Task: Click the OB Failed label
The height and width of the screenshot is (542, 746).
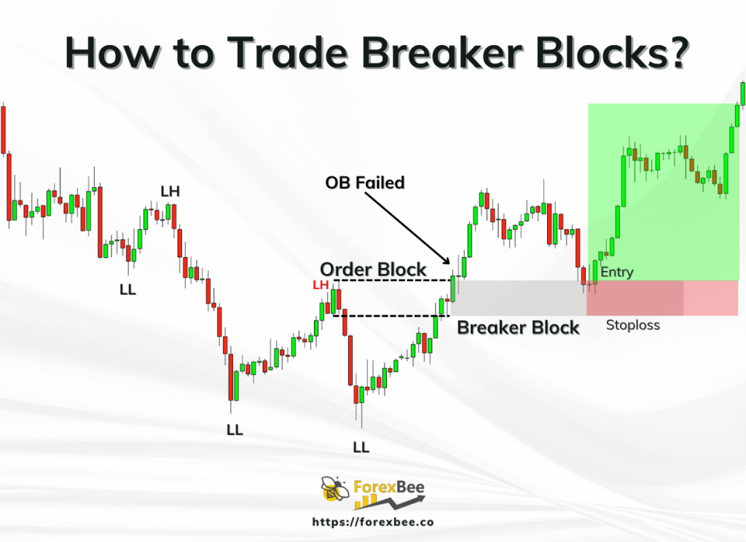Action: click(x=365, y=183)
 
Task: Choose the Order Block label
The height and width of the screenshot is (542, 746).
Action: click(x=373, y=270)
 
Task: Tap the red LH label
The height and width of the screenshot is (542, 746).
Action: click(x=321, y=285)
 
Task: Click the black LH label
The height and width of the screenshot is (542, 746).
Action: click(x=170, y=192)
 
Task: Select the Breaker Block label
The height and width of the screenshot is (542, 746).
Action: click(x=518, y=328)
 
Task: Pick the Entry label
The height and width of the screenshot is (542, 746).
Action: click(x=617, y=272)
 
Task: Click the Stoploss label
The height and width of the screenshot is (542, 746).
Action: click(x=633, y=326)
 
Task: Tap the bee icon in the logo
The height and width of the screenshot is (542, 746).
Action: click(x=335, y=490)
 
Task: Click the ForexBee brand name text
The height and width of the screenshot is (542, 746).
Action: click(x=389, y=487)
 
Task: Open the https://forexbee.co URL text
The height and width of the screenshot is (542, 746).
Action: click(x=373, y=522)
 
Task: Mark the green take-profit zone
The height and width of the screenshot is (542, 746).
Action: click(x=664, y=192)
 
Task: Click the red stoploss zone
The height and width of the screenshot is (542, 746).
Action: click(x=662, y=298)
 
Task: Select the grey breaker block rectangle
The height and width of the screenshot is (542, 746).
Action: click(x=519, y=298)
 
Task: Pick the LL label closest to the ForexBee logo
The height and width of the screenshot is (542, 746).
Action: click(x=361, y=447)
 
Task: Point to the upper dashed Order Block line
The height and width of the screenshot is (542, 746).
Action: click(x=393, y=280)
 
